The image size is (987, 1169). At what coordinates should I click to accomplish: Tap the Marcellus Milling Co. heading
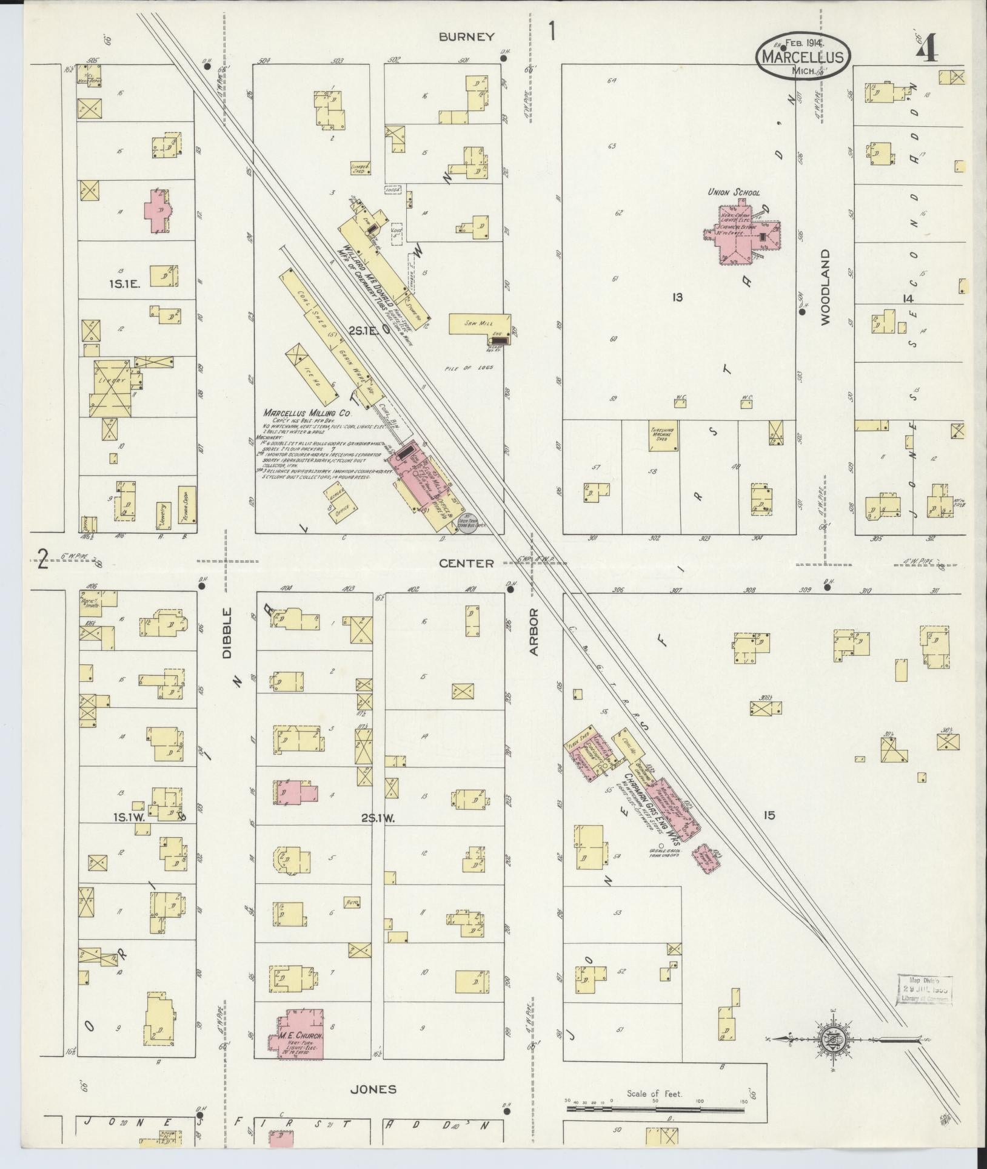307,413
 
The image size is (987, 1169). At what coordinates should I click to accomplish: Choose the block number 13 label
677,297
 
